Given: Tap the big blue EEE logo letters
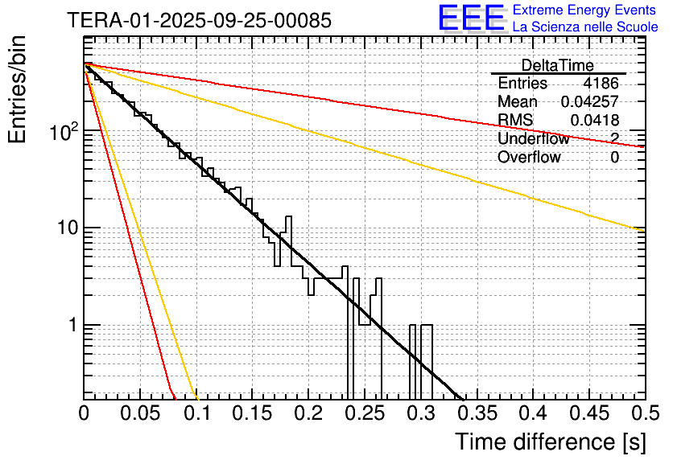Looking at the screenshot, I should point(471,18).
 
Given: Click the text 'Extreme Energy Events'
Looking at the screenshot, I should point(585,10).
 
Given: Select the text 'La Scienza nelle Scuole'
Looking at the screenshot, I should point(585,27).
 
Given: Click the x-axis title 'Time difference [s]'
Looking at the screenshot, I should point(548,442).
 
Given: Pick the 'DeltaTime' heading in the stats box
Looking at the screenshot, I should point(557,65).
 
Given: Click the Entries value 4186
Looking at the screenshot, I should point(601,83).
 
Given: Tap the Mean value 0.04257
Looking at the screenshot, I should point(589,101).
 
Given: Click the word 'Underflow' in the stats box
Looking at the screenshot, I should point(533,138).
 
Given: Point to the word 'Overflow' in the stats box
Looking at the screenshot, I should point(529,157).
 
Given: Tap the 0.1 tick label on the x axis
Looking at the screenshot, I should point(196,414).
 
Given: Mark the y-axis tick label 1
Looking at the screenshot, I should point(72,326).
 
